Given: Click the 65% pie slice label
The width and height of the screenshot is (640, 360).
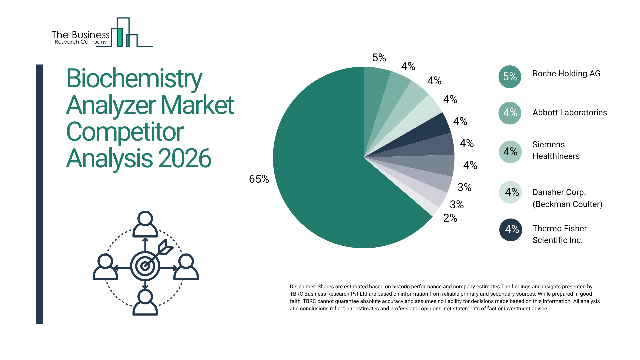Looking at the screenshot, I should click(259, 179).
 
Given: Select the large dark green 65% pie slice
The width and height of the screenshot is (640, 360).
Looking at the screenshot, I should click(327, 180).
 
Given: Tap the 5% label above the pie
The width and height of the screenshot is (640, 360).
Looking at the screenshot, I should click(379, 58).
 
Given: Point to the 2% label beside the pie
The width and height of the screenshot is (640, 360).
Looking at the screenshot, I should click(450, 218).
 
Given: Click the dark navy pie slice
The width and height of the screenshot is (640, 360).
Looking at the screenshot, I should click(433, 128).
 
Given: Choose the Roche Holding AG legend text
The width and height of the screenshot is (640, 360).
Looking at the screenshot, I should click(566, 74).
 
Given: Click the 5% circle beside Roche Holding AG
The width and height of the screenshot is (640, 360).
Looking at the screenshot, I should click(510, 77).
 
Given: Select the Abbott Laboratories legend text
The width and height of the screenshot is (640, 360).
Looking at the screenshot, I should click(569, 113).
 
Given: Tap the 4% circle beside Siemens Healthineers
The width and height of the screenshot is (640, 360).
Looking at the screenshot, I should click(510, 152).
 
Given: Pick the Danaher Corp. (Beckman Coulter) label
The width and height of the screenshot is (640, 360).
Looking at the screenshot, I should click(567, 198).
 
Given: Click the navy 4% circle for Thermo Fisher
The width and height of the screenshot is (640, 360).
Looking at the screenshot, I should click(510, 229).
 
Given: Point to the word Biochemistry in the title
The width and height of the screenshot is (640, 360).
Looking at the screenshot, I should click(134, 79).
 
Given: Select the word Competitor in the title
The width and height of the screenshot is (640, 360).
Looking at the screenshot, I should click(125, 132).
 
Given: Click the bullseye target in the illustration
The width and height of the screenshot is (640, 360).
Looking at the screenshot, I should click(145, 266).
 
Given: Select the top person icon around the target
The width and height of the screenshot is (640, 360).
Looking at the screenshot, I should click(145, 224).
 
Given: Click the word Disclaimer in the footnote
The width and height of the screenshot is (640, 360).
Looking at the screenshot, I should click(302, 287).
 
